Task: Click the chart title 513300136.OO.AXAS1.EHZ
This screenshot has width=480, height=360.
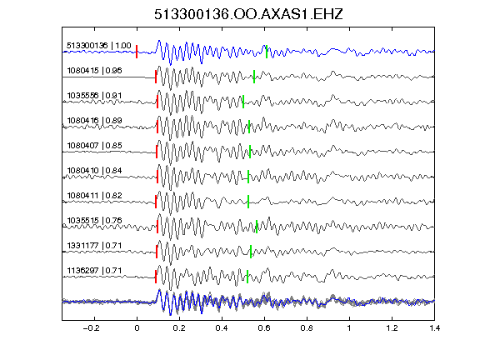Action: pos(248,14)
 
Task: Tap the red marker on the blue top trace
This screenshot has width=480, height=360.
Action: pos(137,52)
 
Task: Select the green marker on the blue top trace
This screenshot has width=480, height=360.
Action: pos(267,52)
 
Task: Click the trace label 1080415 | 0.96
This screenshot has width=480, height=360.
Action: pos(94,71)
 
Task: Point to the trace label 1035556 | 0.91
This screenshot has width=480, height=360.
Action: pos(94,96)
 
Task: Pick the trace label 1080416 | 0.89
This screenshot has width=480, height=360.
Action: pos(94,121)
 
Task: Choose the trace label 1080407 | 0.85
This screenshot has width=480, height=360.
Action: pos(94,146)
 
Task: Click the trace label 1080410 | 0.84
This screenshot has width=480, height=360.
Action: pos(94,171)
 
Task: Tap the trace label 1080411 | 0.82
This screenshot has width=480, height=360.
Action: pos(94,196)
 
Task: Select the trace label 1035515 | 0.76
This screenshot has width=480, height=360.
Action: pos(94,221)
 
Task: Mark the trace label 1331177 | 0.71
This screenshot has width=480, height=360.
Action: pos(94,246)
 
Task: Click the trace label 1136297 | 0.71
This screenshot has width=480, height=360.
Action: pos(94,271)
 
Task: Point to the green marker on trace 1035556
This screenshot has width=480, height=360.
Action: pos(243,102)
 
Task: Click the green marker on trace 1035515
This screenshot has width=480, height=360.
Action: pos(257,227)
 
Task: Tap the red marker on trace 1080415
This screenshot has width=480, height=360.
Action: pos(156,77)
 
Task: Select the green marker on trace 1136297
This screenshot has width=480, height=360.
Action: pos(247,277)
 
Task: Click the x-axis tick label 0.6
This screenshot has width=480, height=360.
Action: pos(264,328)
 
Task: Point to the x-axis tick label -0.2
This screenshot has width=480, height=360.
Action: pos(92,328)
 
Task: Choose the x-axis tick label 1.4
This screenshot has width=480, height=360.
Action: pos(435,328)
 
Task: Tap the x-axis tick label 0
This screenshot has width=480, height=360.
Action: pos(137,328)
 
